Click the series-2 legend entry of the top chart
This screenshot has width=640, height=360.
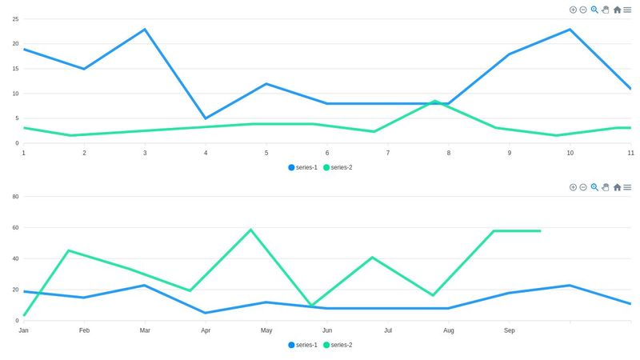[x=338, y=167]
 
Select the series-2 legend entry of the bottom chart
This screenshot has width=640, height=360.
[x=338, y=345]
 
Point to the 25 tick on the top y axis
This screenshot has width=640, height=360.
[x=15, y=18]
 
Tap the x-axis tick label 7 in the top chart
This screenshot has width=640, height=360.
[x=387, y=153]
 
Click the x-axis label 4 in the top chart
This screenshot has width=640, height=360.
[x=206, y=153]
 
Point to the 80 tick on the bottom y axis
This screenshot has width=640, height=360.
[x=15, y=196]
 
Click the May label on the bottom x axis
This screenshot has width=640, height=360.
[x=266, y=330]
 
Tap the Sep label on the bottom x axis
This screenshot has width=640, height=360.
[x=510, y=330]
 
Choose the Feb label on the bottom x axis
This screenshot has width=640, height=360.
[x=84, y=330]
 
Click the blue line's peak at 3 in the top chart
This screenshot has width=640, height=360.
[x=145, y=29]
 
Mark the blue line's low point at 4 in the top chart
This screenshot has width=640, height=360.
[x=206, y=118]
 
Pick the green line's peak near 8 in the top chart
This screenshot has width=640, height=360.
[x=434, y=101]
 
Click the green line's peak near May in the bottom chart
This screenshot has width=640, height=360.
[x=251, y=230]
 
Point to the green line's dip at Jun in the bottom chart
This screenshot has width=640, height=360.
[x=311, y=306]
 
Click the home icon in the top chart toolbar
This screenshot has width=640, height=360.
[x=617, y=10]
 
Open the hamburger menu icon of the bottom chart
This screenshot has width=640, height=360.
[x=628, y=187]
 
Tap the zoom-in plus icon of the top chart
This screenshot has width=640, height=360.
[x=573, y=10]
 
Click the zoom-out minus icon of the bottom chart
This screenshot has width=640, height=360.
[x=583, y=187]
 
